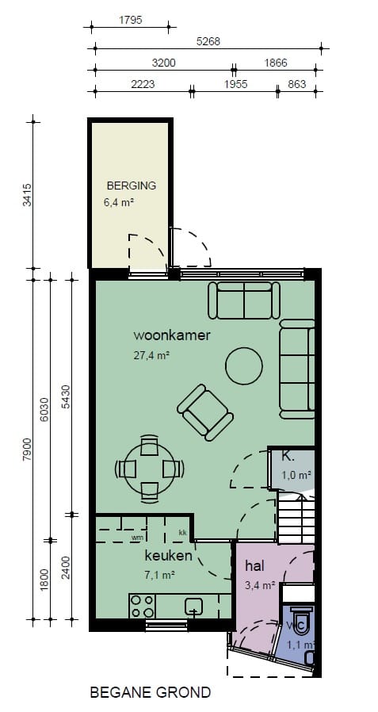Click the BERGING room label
(x=131, y=186)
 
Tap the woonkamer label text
(x=172, y=335)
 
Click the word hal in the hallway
(x=254, y=566)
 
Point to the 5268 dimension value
(x=208, y=41)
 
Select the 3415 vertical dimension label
(x=28, y=194)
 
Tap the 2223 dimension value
(x=142, y=84)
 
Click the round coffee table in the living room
(x=243, y=366)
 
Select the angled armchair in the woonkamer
(x=204, y=412)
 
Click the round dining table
(x=149, y=469)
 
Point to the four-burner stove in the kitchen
(x=143, y=606)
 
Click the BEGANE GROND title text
(x=151, y=692)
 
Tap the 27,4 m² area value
(x=152, y=356)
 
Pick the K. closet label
(x=288, y=457)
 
